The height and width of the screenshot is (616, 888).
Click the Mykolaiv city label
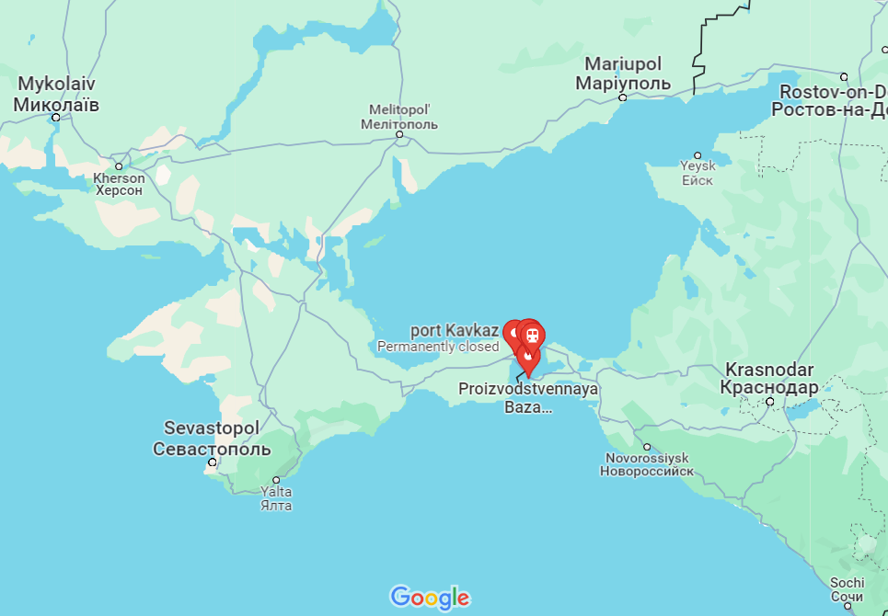(56, 94)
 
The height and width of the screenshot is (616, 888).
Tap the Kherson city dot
(119, 166)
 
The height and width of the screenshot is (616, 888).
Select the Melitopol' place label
(399, 117)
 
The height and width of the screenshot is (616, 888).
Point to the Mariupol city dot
(623, 97)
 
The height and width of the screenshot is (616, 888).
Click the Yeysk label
(698, 174)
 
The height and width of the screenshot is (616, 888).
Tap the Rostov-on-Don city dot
(844, 76)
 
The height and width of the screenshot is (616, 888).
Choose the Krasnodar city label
(769, 378)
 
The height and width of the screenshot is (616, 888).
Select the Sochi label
(847, 589)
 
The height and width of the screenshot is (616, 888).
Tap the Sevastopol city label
(212, 439)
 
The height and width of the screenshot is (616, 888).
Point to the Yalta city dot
(276, 480)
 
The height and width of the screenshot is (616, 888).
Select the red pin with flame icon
(527, 357)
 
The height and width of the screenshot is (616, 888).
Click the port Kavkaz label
(455, 330)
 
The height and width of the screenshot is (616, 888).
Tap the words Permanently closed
(438, 347)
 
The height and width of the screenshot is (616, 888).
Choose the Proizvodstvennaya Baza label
(528, 397)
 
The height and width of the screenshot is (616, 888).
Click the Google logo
(430, 598)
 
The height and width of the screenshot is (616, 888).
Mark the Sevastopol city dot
(213, 462)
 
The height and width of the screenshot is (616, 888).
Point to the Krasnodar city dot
(769, 402)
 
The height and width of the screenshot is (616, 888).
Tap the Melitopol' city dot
(399, 134)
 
